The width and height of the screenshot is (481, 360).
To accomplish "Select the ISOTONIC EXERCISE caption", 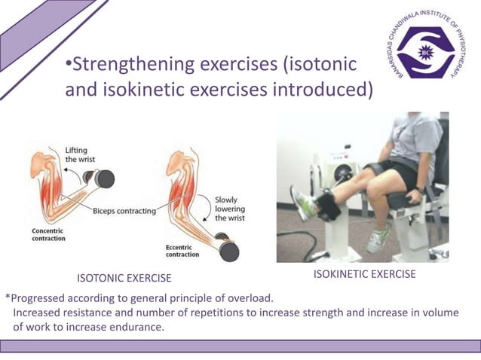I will tap(124, 279).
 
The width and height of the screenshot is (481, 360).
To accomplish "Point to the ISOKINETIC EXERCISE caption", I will tap(364, 274).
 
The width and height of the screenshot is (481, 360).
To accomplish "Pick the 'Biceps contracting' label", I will tap(124, 211).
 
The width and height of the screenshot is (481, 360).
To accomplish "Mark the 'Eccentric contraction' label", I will tap(182, 251).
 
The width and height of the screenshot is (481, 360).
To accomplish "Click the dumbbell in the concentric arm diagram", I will tap(102, 178).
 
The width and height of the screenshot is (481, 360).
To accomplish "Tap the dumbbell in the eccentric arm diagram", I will tap(226, 246).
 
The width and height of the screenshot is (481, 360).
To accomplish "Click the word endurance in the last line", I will tap(137, 327).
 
